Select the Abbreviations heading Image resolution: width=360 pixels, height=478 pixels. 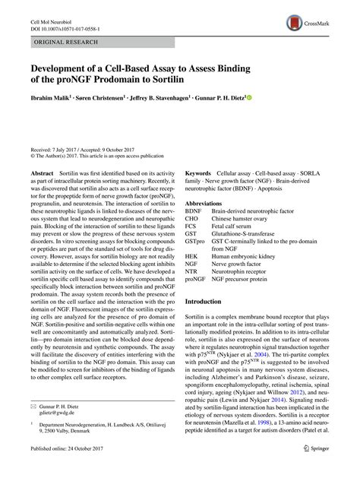point(207,204)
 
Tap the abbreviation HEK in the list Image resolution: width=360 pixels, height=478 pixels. point(193,258)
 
